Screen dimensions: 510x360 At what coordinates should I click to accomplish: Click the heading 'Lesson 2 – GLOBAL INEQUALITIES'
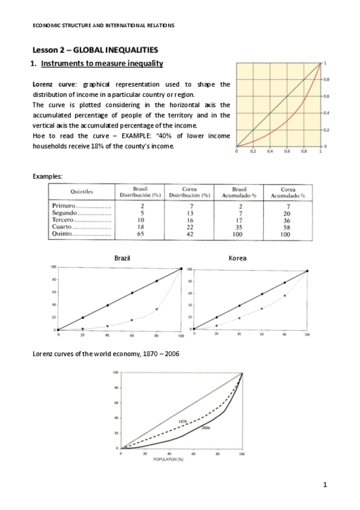pyautogui.click(x=94, y=50)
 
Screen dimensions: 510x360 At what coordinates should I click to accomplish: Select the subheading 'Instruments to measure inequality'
pyautogui.click(x=102, y=63)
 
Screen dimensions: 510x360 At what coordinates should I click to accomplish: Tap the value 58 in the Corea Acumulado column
pyautogui.click(x=288, y=227)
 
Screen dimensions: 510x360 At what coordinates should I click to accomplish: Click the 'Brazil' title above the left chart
pyautogui.click(x=123, y=257)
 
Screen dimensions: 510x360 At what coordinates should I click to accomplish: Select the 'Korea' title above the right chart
pyautogui.click(x=237, y=257)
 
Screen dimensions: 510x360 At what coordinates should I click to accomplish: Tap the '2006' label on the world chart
pyautogui.click(x=205, y=428)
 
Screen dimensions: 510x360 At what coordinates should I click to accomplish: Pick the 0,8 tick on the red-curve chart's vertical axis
pyautogui.click(x=326, y=79)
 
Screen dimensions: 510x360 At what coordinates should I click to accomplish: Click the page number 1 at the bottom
pyautogui.click(x=325, y=484)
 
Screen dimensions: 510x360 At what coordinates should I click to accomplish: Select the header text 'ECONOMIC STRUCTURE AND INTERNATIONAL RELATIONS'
pyautogui.click(x=103, y=25)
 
